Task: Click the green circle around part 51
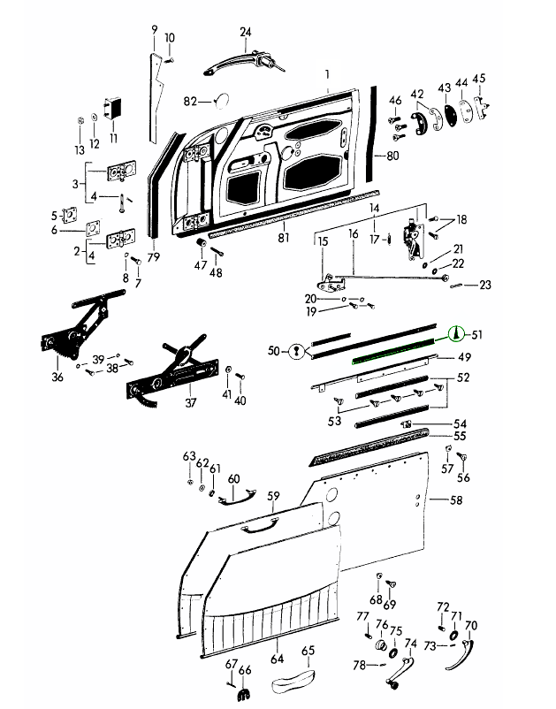(x=458, y=334)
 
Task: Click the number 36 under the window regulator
(x=57, y=378)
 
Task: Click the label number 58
(x=456, y=500)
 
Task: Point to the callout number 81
(x=283, y=238)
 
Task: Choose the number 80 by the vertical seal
(x=392, y=156)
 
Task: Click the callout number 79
(x=153, y=258)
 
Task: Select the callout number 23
(x=485, y=285)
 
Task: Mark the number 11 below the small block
(x=112, y=138)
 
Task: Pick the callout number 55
(x=460, y=437)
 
